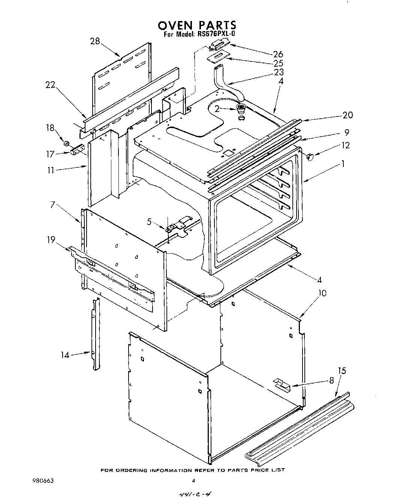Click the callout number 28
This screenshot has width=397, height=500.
coord(95,41)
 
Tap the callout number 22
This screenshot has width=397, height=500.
coord(50,85)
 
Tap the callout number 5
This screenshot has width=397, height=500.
coord(149,222)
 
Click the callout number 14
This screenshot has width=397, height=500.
coord(66,355)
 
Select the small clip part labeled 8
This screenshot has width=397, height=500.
coord(282,385)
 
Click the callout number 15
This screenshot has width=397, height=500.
coord(342,371)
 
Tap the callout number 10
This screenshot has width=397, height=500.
coord(322,293)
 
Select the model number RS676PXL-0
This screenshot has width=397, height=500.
coord(215,34)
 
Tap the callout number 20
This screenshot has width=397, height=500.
coord(348,115)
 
